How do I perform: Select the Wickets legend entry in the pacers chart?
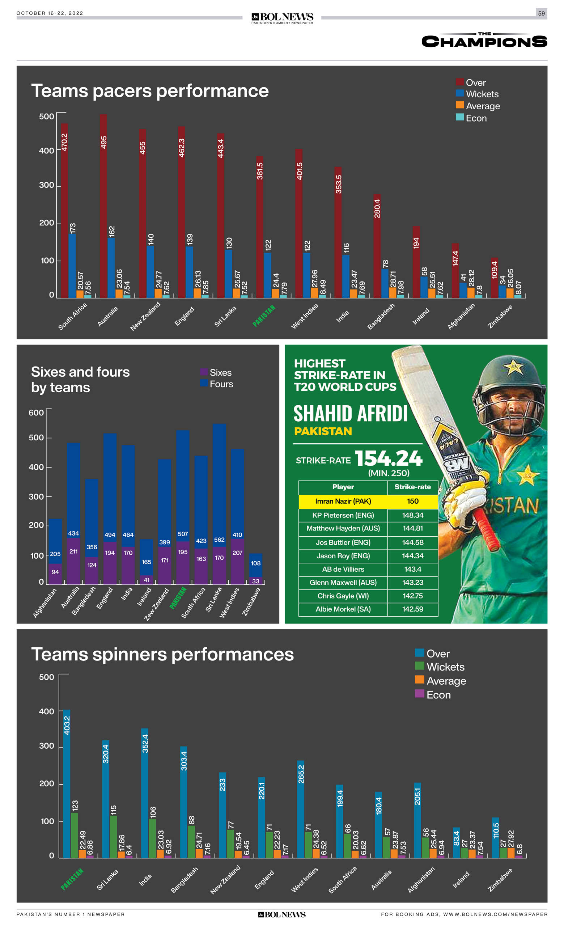point(477,94)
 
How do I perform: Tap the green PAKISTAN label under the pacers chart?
point(264,316)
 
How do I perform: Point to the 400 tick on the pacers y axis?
point(47,151)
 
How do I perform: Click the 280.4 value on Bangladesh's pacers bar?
point(377,209)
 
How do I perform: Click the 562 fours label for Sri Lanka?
point(219,540)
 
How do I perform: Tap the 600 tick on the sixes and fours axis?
point(37,413)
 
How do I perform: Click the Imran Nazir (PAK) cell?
point(343,501)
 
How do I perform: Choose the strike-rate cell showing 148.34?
point(412,515)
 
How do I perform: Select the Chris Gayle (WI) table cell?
point(343,596)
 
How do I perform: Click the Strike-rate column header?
point(412,487)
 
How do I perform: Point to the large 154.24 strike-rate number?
point(389,458)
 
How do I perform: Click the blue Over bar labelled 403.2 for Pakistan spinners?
point(67,783)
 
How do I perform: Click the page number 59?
point(541,13)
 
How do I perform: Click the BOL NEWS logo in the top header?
point(282,18)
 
